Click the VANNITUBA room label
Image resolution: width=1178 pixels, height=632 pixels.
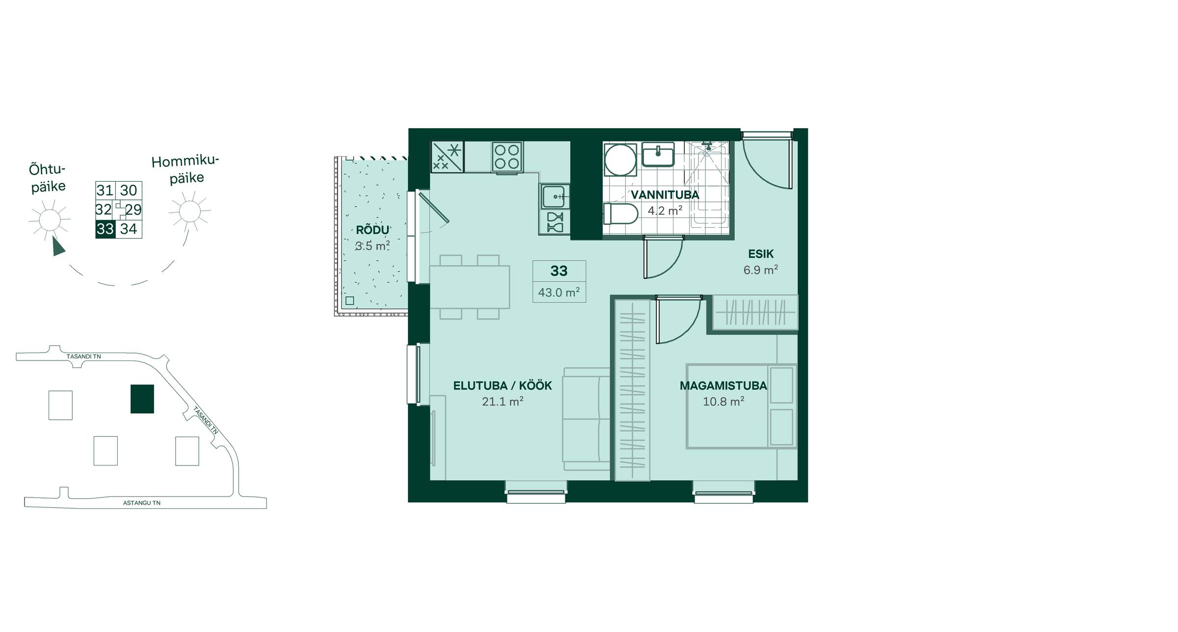(x=665, y=195)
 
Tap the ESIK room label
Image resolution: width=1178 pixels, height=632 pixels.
(x=761, y=254)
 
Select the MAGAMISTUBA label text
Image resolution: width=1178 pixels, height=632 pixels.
(x=723, y=386)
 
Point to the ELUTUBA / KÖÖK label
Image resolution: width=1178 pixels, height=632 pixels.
(x=502, y=386)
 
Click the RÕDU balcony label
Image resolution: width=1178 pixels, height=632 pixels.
(x=373, y=230)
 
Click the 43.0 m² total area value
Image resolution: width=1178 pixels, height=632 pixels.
(x=559, y=293)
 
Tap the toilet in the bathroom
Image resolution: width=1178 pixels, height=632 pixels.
(x=620, y=214)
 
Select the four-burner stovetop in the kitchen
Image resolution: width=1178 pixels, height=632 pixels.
(x=507, y=157)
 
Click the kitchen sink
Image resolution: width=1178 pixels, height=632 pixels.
(x=555, y=196)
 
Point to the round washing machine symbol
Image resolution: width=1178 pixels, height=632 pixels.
(x=620, y=160)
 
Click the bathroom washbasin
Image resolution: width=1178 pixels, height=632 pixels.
(x=658, y=155)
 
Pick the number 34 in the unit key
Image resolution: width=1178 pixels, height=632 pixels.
(x=129, y=229)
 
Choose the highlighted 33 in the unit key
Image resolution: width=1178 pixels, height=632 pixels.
(x=105, y=229)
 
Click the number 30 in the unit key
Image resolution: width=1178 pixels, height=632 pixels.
(x=129, y=191)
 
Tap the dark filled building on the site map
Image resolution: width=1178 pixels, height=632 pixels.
(x=142, y=399)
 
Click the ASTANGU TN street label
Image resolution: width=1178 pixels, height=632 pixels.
(x=142, y=503)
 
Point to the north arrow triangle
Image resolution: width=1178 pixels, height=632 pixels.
(x=58, y=247)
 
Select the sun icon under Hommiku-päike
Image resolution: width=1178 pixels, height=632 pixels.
(x=189, y=212)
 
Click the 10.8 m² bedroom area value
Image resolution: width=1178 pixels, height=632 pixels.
(x=723, y=402)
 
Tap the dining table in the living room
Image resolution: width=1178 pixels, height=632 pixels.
(x=470, y=287)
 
